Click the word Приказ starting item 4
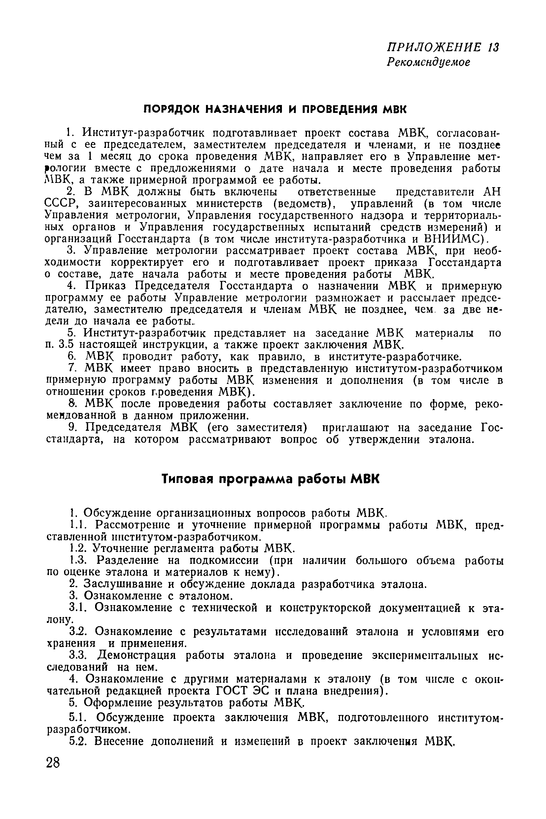pyautogui.click(x=107, y=286)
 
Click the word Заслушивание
pyautogui.click(x=122, y=584)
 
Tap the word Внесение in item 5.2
pyautogui.click(x=119, y=742)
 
